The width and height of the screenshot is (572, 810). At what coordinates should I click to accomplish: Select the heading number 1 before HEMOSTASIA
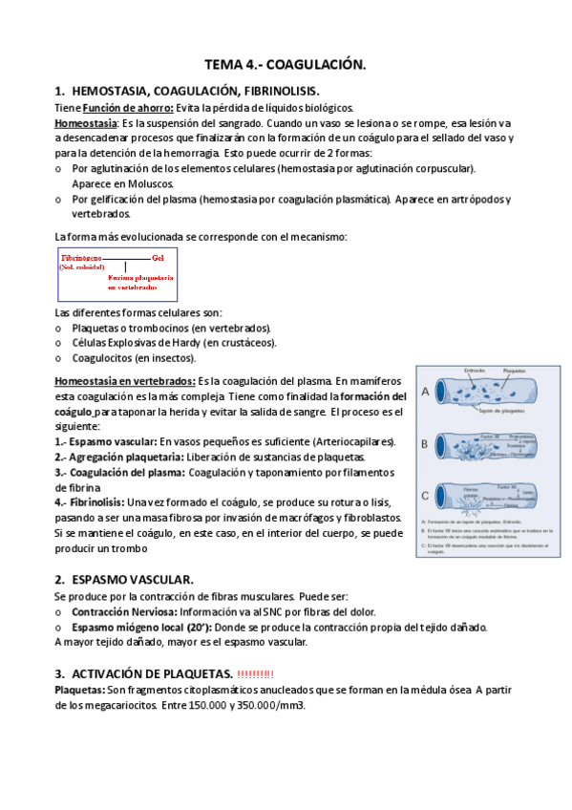(x=59, y=92)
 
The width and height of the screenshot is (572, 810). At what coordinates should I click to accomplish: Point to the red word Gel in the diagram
(x=159, y=259)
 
